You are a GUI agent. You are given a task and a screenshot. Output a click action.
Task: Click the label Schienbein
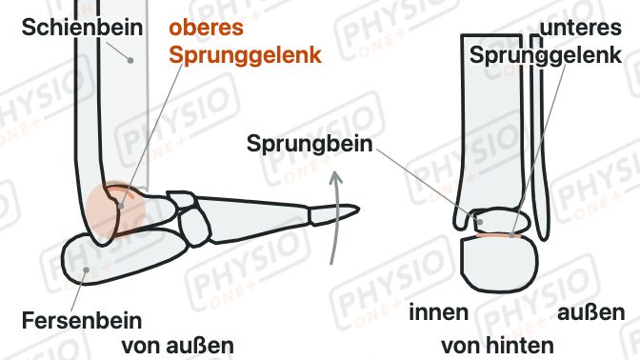point(82,28)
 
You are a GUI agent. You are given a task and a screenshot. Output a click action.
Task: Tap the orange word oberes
point(206,28)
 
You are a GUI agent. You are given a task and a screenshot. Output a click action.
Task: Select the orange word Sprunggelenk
point(246,55)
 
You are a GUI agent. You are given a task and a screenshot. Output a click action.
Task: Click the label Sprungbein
point(310,144)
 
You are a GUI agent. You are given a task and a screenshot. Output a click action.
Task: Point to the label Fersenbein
point(82,320)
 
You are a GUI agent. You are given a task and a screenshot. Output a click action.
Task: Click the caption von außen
point(177,346)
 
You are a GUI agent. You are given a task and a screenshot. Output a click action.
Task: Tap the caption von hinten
point(497,346)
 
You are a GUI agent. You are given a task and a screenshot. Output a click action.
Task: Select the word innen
point(438,312)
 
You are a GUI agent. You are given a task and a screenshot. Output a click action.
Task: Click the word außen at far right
point(591,313)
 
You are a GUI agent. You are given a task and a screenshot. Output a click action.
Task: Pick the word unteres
point(580,28)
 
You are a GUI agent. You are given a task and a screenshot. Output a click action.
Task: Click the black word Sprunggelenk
point(546,55)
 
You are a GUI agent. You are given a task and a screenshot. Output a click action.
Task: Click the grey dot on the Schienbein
point(130,60)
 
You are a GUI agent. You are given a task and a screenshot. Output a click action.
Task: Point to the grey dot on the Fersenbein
point(86,270)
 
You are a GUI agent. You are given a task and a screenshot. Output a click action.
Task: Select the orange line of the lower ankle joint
point(498,235)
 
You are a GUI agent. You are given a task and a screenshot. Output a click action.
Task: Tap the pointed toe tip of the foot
point(358,210)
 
